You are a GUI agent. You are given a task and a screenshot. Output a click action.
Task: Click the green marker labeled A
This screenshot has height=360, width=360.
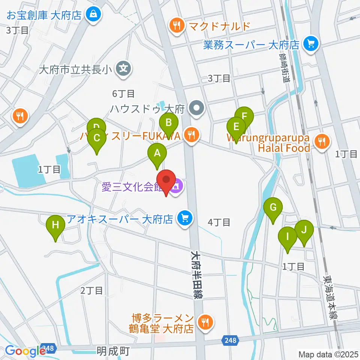157,154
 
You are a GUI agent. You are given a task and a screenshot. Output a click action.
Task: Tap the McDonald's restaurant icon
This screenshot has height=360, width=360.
176,26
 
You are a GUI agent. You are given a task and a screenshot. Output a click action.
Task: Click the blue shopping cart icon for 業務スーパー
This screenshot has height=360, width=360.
310,44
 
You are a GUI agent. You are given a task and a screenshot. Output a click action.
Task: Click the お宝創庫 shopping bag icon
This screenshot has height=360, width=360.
92,15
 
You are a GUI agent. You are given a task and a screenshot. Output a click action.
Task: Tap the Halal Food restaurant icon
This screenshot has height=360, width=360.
321,142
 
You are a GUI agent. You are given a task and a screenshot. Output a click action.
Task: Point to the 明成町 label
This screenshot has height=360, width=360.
113,351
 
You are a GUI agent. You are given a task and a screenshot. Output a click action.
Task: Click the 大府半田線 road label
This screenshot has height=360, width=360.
196,274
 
